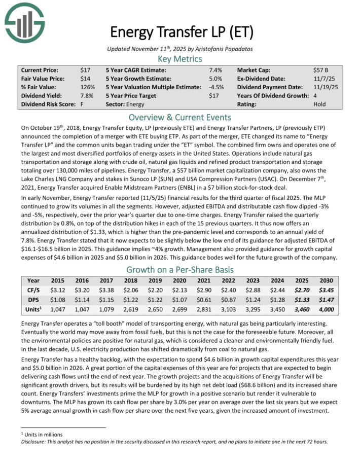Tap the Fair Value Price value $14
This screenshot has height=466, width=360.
pos(85,79)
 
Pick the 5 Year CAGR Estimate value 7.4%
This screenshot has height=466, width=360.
pos(216,70)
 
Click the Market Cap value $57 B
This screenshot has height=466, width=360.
pos(317,70)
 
